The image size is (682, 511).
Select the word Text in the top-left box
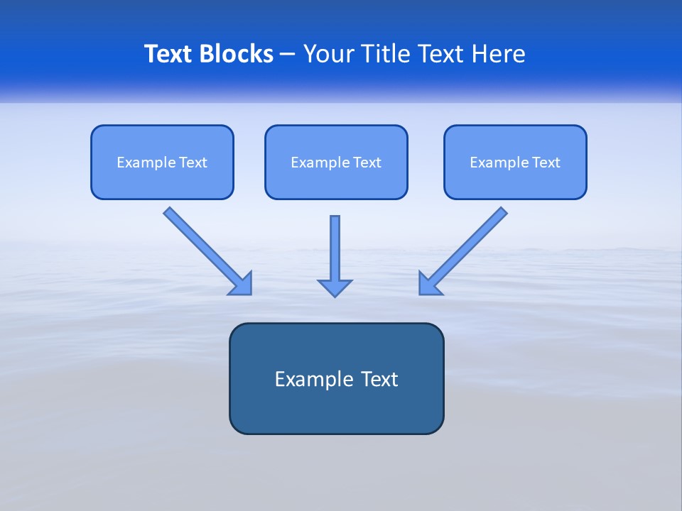point(193,163)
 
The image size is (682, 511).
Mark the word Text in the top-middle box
point(367,163)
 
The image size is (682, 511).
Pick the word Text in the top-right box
point(546,163)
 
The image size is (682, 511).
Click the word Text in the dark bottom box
point(379,379)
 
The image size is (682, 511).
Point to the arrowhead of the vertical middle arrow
point(335,287)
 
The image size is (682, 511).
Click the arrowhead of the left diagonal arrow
point(242,285)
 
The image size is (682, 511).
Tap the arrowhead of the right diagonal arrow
point(428,285)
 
